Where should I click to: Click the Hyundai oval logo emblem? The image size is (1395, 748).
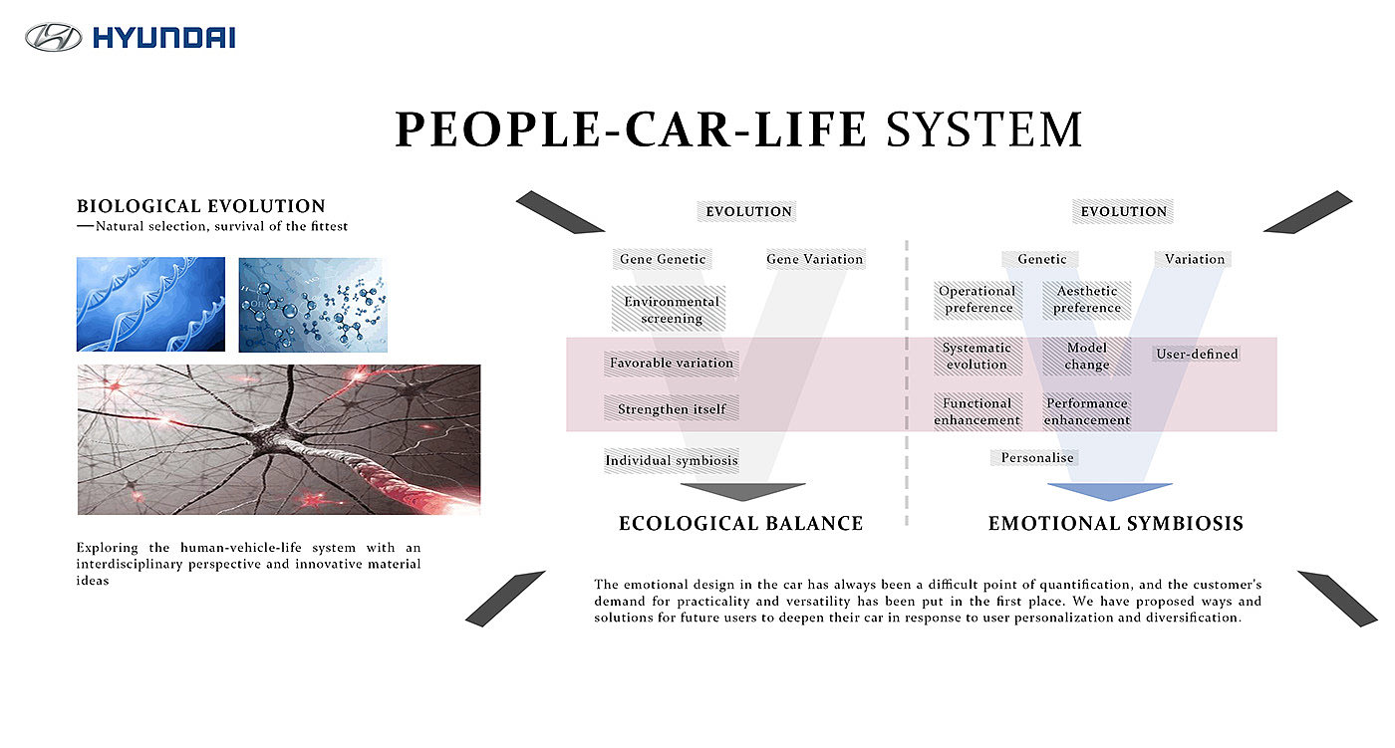pyautogui.click(x=53, y=37)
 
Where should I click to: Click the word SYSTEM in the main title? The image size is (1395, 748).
pyautogui.click(x=984, y=129)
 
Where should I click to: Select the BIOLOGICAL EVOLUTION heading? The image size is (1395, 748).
pyautogui.click(x=201, y=206)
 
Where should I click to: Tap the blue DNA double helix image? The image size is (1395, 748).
pyautogui.click(x=150, y=305)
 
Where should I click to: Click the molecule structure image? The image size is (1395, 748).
pyautogui.click(x=313, y=305)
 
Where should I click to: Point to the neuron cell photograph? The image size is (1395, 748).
pyautogui.click(x=279, y=439)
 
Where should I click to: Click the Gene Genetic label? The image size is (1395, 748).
pyautogui.click(x=662, y=259)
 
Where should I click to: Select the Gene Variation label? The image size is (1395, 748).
pyautogui.click(x=815, y=259)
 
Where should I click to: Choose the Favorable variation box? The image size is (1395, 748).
pyautogui.click(x=672, y=363)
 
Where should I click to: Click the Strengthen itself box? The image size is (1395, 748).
pyautogui.click(x=672, y=408)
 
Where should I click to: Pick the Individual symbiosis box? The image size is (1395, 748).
pyautogui.click(x=672, y=460)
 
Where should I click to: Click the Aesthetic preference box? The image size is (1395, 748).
pyautogui.click(x=1087, y=300)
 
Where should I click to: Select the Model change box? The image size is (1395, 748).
pyautogui.click(x=1087, y=356)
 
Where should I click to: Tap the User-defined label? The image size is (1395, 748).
pyautogui.click(x=1197, y=355)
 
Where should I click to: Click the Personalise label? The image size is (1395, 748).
pyautogui.click(x=1037, y=458)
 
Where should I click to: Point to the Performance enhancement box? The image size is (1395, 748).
pyautogui.click(x=1087, y=411)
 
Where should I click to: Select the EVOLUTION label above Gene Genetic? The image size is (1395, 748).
pyautogui.click(x=748, y=211)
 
